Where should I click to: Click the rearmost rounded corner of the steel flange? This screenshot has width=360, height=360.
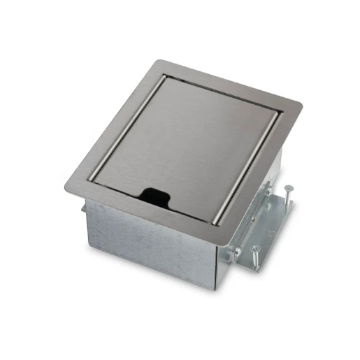tap(164, 64)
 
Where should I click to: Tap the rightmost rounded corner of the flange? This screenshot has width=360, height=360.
tap(299, 106)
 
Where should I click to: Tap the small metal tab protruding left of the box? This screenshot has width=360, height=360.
tap(82, 207)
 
